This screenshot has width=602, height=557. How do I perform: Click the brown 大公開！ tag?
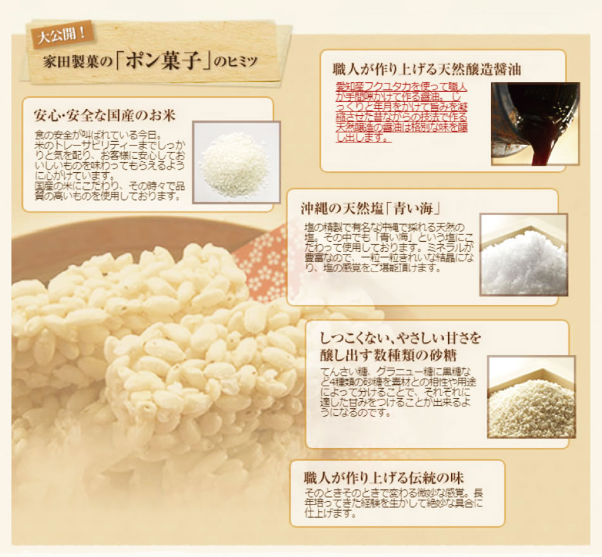click(61, 35)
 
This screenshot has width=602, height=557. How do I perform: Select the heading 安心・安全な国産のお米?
click(105, 115)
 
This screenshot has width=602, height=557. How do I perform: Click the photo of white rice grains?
click(236, 163)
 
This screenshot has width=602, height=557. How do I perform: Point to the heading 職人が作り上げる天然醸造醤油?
click(426, 70)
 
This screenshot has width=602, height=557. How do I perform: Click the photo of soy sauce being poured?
click(535, 124)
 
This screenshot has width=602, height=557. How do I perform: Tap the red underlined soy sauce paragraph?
click(402, 112)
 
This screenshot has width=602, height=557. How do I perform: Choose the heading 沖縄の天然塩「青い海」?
click(370, 209)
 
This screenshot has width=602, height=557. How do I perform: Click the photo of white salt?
click(523, 254)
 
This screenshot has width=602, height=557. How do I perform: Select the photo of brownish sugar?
click(532, 397)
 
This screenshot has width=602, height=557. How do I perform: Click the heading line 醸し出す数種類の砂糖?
click(388, 356)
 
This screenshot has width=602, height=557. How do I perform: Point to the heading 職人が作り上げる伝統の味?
click(383, 478)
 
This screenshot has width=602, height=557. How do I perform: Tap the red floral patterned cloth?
click(260, 265)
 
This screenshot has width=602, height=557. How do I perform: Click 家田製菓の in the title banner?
click(77, 62)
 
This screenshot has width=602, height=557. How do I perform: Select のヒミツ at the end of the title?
click(235, 62)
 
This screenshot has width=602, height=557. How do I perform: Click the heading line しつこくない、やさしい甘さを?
click(400, 339)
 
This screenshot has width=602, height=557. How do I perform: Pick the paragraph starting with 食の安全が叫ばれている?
click(110, 166)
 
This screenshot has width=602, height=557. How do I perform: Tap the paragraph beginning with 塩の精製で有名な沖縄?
click(389, 247)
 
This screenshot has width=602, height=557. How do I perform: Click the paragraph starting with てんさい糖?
click(398, 392)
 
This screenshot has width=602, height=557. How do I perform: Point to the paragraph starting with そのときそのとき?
click(394, 503)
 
